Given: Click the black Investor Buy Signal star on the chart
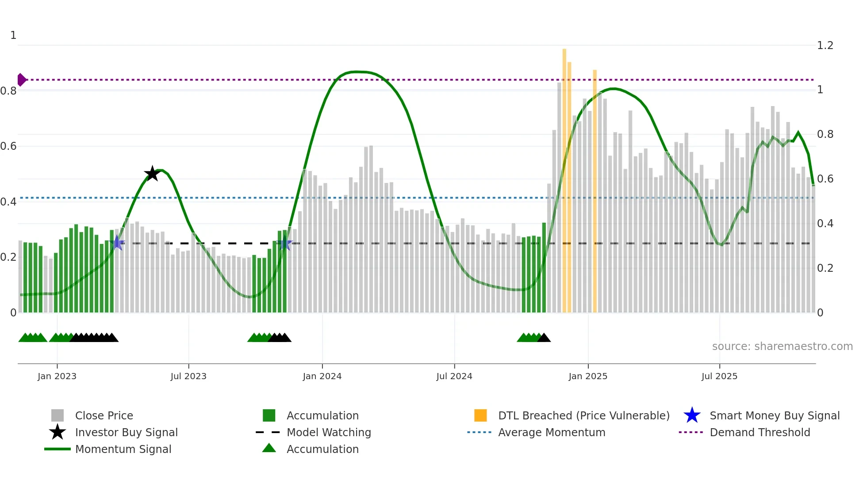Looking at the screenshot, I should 152,174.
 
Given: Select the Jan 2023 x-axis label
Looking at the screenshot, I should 57,376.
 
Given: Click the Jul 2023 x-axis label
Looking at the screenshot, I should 188,376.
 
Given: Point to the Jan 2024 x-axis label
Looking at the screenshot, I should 322,376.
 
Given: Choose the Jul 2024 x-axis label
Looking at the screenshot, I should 454,376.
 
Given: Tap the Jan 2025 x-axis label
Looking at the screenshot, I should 588,376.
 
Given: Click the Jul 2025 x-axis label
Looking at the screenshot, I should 719,376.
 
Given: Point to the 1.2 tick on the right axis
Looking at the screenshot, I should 825,46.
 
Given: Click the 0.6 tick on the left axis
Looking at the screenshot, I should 8,146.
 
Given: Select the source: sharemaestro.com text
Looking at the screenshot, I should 782,346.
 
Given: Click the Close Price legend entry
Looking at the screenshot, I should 104,415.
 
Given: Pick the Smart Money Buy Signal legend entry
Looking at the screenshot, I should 774,415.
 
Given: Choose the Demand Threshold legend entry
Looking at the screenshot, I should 760,432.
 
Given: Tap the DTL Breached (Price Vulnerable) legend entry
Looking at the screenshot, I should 583,415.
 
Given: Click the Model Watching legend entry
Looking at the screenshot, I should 329,432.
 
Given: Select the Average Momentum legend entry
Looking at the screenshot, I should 552,432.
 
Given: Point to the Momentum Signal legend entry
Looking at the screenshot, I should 123,449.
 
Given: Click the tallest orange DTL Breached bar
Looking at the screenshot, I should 564,177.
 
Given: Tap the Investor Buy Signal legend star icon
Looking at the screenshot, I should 58,432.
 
